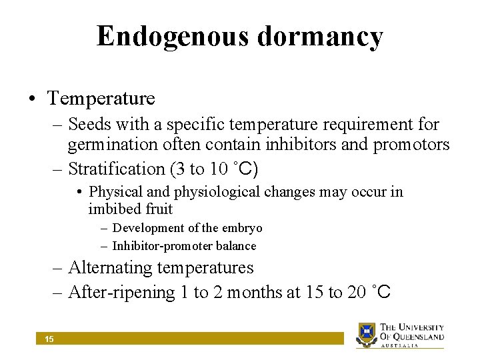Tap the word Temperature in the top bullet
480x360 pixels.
coord(101,99)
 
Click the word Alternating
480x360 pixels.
coord(110,268)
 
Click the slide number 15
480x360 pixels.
coord(49,339)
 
